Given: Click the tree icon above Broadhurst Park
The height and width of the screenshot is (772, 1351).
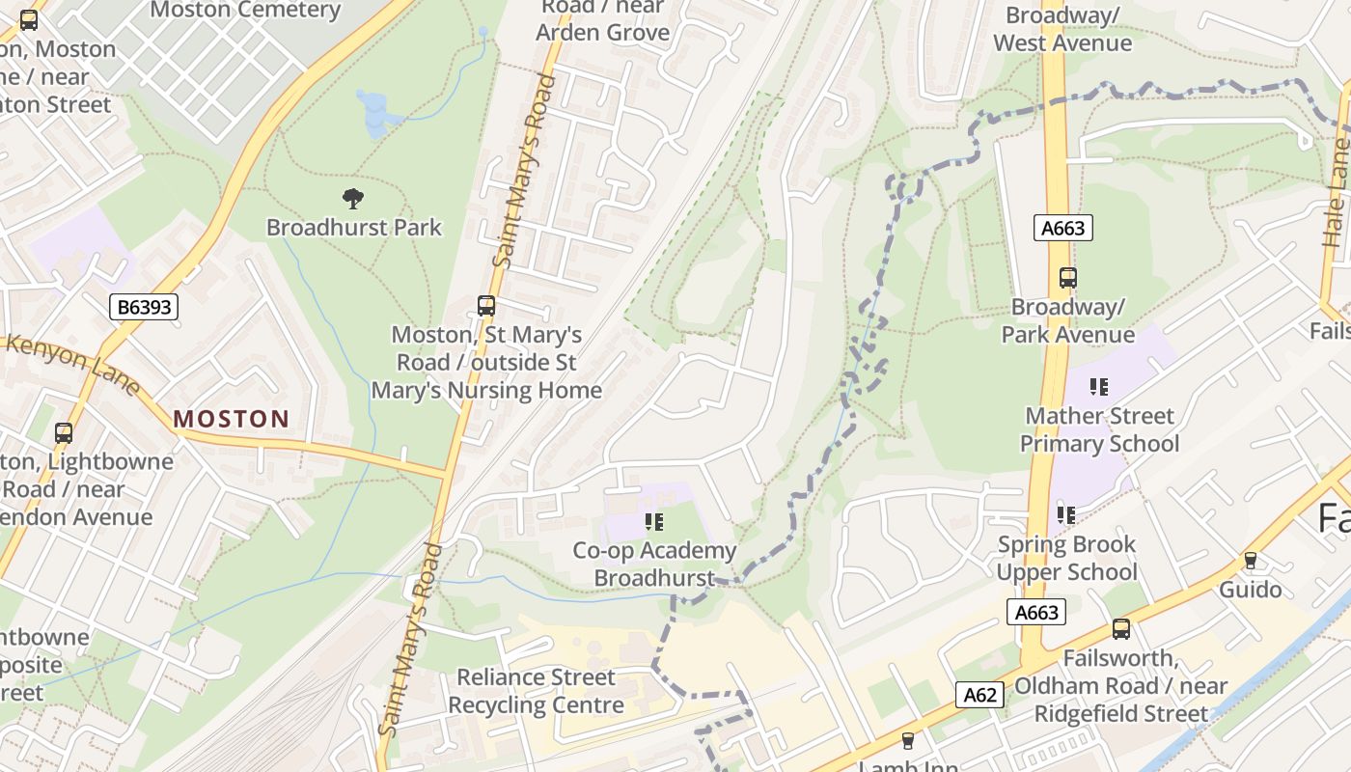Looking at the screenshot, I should click(353, 199).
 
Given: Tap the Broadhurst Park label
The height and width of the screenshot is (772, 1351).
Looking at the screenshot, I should click(353, 228).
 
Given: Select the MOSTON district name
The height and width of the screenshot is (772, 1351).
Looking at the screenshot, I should click(232, 419).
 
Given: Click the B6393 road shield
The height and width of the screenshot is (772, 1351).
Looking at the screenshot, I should click(144, 308).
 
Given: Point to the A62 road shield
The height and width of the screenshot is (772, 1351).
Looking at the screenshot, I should click(979, 695).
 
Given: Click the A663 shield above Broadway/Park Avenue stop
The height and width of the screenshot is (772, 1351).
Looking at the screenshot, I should click(1063, 229).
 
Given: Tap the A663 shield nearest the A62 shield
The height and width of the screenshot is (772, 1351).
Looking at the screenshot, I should click(1037, 612).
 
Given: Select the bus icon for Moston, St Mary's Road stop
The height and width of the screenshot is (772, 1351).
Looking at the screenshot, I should click(486, 306).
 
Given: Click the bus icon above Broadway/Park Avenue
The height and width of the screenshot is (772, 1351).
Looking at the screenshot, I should click(1067, 278).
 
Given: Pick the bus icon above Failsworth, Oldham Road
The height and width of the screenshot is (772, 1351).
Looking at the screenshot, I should click(1120, 629).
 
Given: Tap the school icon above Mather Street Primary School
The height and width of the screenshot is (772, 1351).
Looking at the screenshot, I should click(1098, 387).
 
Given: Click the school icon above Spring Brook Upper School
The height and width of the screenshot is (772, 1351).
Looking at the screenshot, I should click(1065, 515).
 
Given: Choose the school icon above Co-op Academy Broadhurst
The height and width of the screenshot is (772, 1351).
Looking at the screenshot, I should click(654, 522).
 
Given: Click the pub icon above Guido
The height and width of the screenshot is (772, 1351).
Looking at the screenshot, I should click(1250, 561).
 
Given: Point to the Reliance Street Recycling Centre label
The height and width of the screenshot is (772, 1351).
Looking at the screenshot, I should click(536, 691).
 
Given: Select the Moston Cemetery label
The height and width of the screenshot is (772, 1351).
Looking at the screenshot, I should click(245, 11).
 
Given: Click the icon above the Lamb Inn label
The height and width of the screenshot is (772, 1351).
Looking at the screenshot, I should click(907, 740).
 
